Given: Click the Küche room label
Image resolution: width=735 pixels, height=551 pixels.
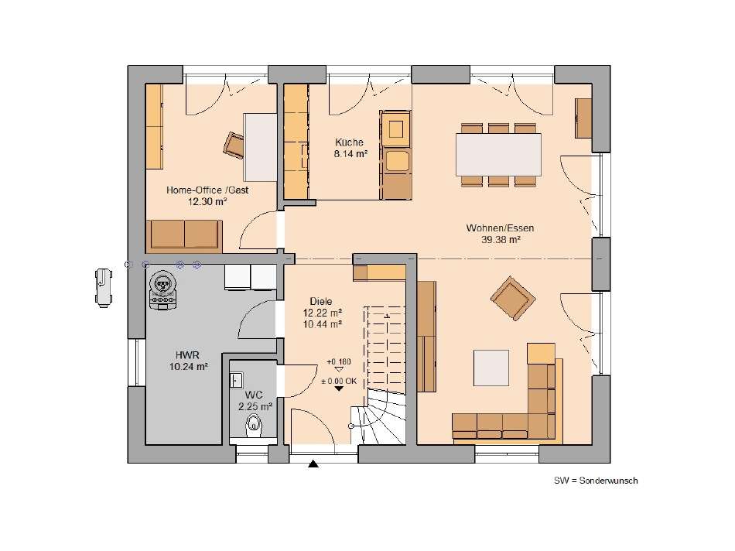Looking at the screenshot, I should point(349,142).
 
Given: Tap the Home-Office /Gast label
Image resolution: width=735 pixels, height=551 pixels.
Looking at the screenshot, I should point(207,190).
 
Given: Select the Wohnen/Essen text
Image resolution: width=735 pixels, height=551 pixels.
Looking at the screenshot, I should point(500,228).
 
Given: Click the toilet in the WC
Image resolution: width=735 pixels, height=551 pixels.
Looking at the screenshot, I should point(253,425).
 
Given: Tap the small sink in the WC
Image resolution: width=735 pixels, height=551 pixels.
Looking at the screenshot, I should point(236,379).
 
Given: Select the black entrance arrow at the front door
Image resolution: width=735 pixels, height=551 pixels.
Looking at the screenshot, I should point(313,464).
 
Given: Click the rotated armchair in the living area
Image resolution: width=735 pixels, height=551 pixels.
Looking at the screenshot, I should point(511,296).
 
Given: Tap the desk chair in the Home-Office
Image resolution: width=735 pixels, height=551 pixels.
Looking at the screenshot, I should point(234,143).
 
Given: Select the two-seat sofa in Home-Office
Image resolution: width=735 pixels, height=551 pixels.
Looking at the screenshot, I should point(184,234).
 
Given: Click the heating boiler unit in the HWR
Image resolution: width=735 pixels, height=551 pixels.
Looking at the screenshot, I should point(163,292).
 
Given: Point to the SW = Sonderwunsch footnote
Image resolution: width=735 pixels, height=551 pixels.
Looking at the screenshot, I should point(595,481).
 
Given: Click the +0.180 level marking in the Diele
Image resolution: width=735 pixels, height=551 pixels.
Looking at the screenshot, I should point(337,361).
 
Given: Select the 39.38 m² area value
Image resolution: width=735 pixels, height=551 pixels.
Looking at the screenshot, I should point(500,240).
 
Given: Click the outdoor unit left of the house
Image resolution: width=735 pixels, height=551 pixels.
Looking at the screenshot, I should point(102,286).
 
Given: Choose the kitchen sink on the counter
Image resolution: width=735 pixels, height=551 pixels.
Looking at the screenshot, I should point(397,159).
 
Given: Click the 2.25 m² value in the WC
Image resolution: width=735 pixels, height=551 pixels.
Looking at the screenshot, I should point(255,406).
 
